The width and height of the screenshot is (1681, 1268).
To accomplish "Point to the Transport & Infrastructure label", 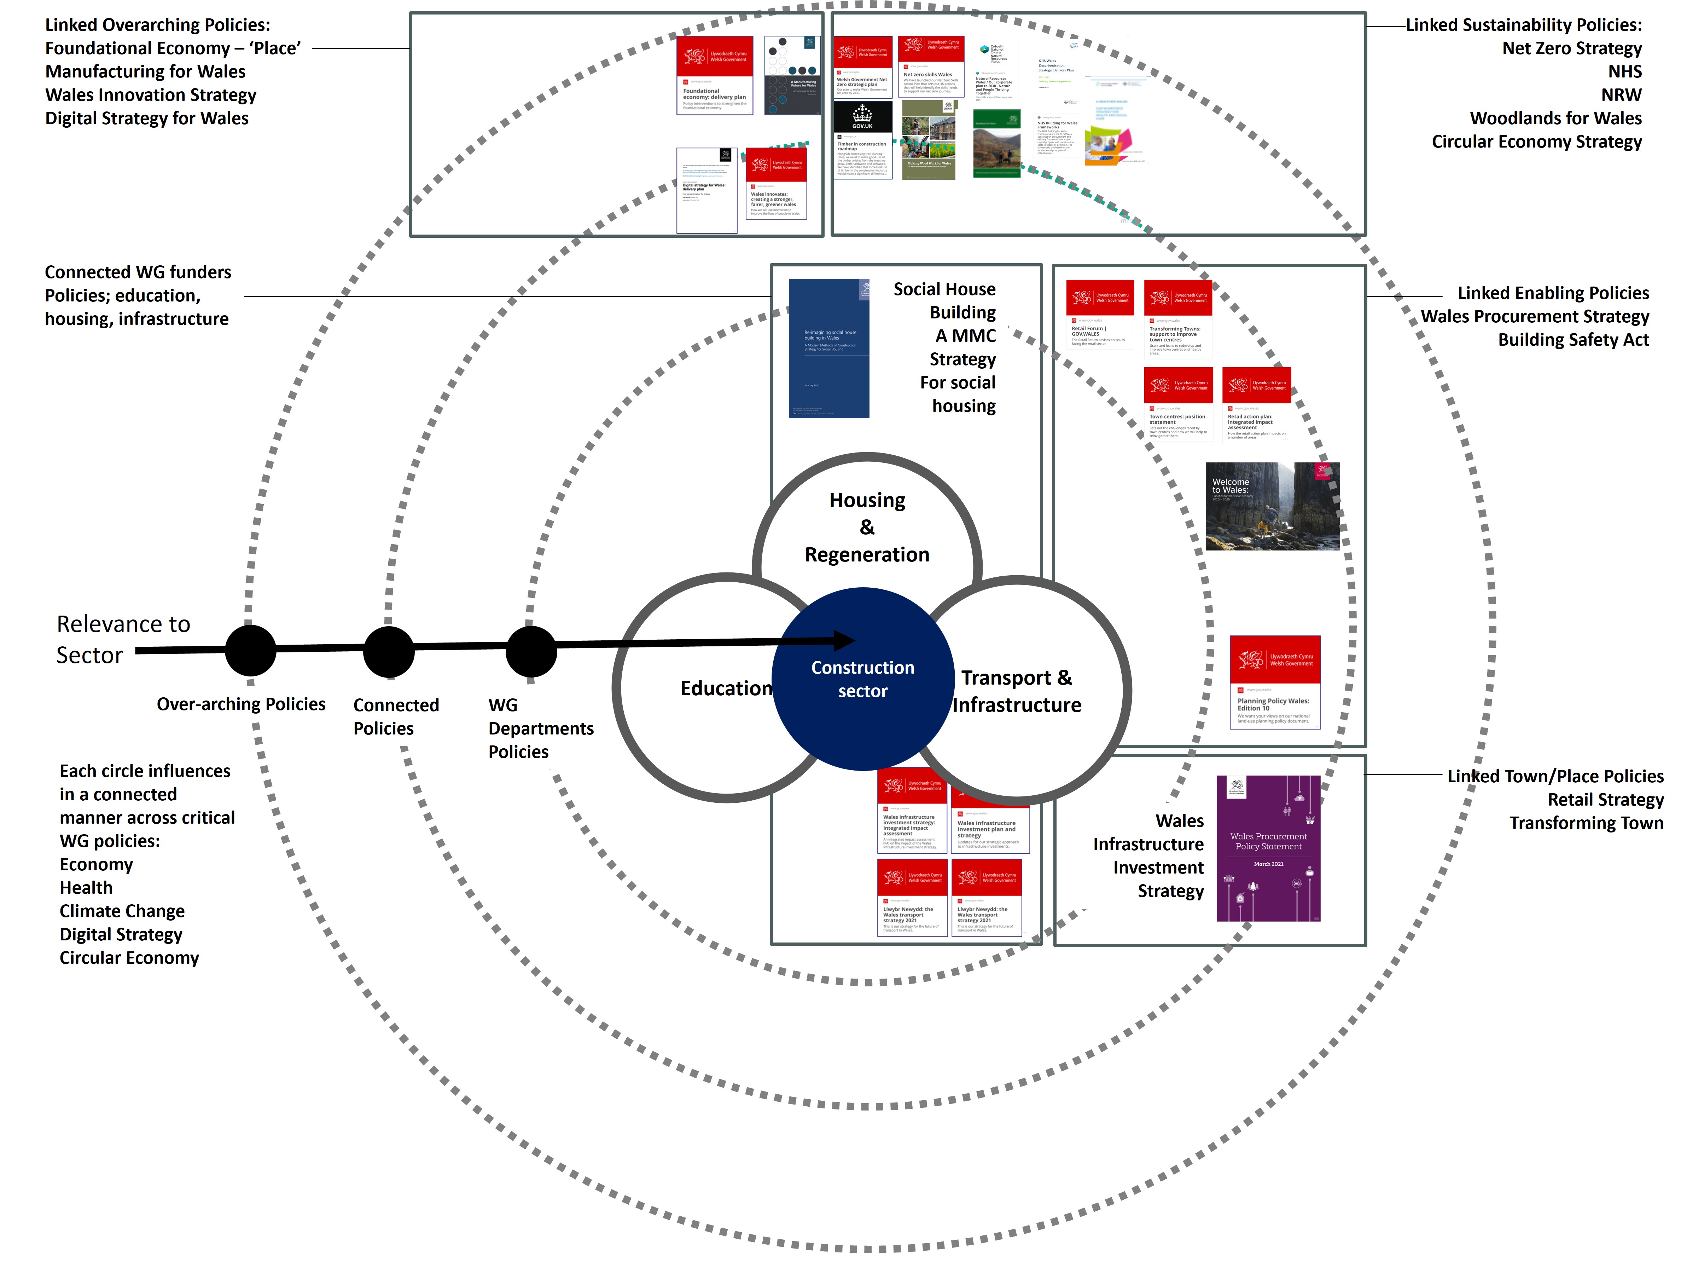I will tap(1017, 691).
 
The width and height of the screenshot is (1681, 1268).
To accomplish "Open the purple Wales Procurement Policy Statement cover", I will tap(1268, 848).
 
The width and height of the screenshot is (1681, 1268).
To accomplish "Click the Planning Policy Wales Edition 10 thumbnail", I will tap(1274, 682).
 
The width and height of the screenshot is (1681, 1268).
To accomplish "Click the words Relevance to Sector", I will tap(123, 639).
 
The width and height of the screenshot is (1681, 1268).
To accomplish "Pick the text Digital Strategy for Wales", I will tap(147, 119).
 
